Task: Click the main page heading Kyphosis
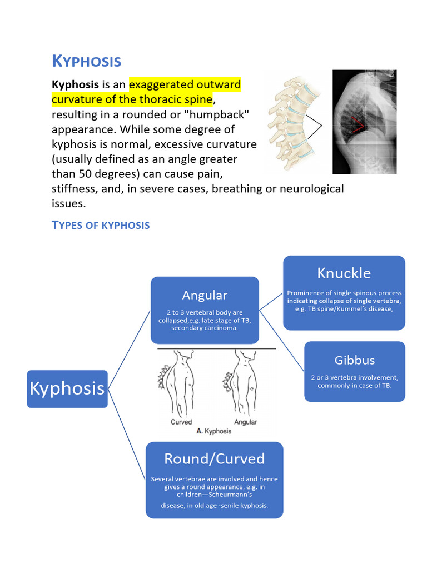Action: [86, 61]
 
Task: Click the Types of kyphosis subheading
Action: [101, 225]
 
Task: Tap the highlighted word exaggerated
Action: [162, 85]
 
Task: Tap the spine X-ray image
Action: [364, 122]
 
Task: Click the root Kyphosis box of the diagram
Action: [67, 388]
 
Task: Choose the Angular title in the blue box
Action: [205, 295]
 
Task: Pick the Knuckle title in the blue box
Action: [344, 273]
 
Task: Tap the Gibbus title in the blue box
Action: [355, 360]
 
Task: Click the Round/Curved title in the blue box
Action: [214, 459]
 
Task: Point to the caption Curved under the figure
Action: [181, 422]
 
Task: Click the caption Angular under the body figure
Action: [245, 422]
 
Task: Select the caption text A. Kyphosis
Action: [213, 431]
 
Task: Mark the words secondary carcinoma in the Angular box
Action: [205, 328]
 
